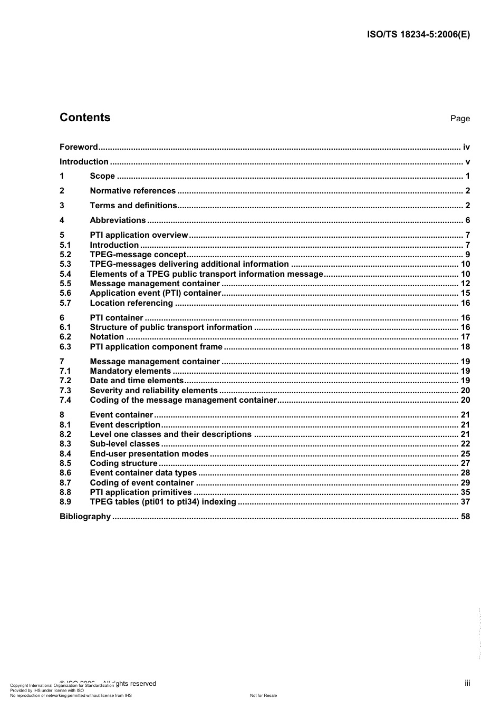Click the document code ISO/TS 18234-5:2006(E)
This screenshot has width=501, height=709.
coord(418,35)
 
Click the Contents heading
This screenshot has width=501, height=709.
coord(85,118)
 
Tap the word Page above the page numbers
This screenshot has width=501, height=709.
coord(459,119)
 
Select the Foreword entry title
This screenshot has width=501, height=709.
coord(79,147)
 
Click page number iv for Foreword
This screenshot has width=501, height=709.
coord(466,147)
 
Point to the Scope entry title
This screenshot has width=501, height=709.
coord(102,176)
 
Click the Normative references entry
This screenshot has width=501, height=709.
coord(132,191)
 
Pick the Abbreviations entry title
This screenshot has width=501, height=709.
coord(118,220)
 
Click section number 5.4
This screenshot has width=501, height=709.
coord(65,274)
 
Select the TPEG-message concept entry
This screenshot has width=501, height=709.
coord(138,255)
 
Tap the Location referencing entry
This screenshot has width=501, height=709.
coord(131,303)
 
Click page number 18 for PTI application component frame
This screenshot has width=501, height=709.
coord(465,347)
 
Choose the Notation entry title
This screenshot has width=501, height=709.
coord(107,337)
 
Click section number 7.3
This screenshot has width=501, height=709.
coord(65,391)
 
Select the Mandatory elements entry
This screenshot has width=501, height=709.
coord(130,371)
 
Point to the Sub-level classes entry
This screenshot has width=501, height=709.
coord(124,444)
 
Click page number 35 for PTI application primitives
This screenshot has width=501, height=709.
coord(465,492)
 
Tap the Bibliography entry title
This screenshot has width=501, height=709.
coord(85,517)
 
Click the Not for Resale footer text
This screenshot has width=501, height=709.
coord(263,695)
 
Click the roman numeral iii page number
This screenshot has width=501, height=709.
coord(467,683)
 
